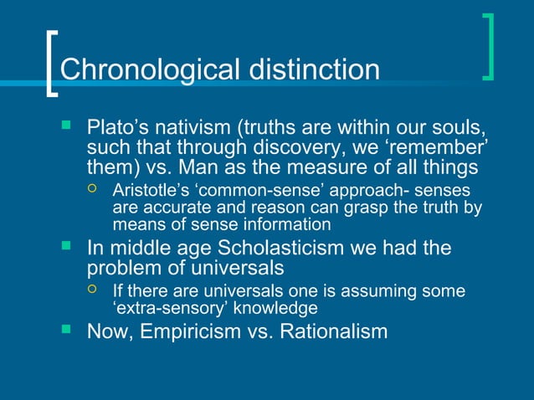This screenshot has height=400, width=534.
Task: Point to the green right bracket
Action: point(488,47)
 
